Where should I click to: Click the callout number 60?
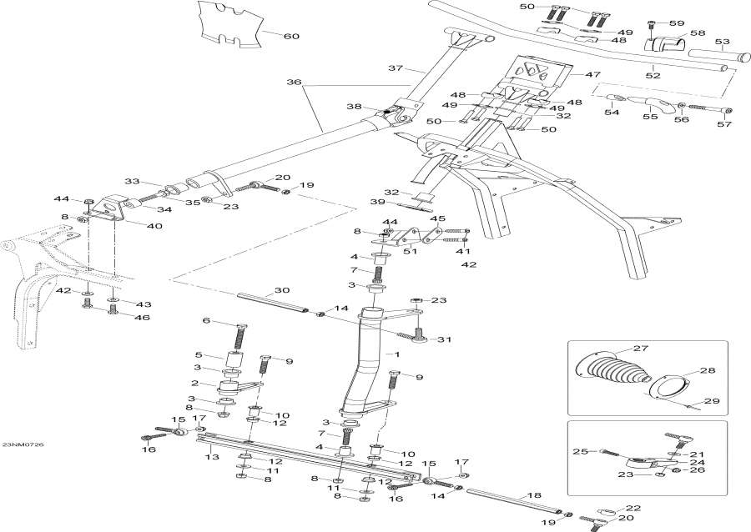coord(292,36)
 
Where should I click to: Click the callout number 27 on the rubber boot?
coord(640,349)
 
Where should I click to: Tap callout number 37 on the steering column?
coord(395,68)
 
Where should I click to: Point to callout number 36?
coord(293,82)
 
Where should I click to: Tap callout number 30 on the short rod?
coord(282,291)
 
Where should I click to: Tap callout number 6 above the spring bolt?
coord(207,321)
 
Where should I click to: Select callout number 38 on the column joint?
coord(354,107)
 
